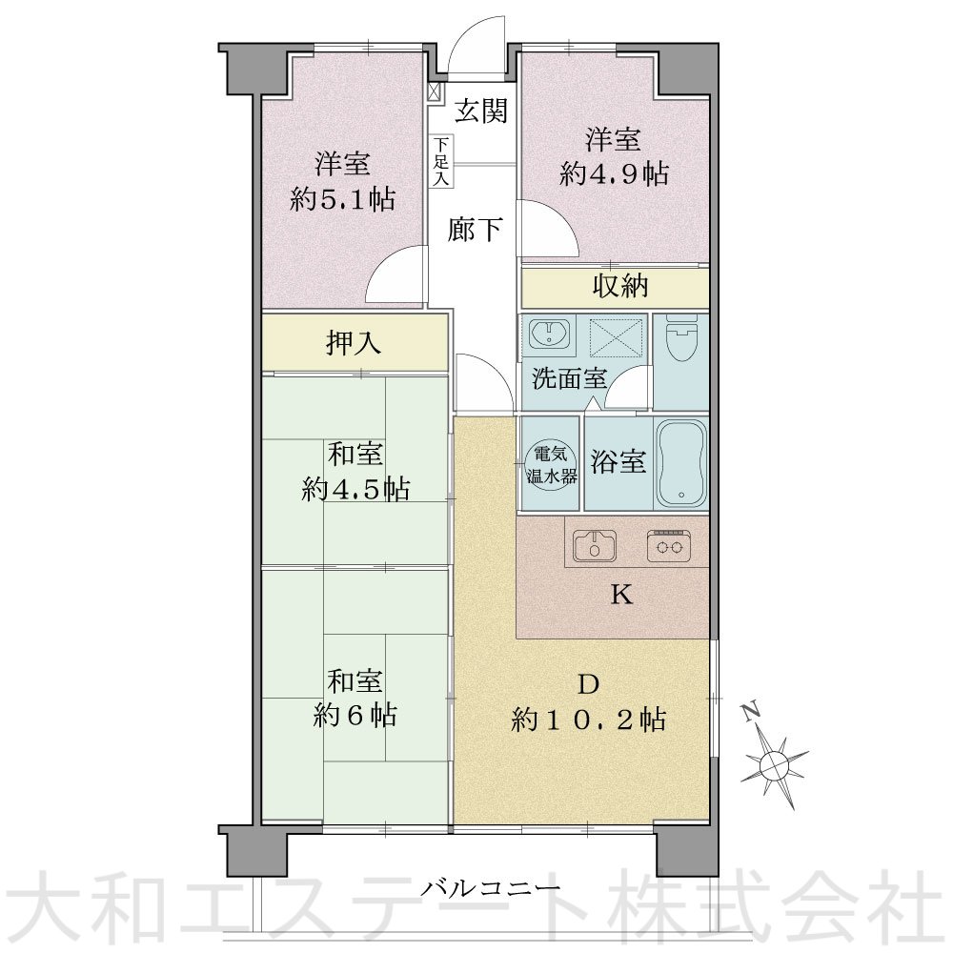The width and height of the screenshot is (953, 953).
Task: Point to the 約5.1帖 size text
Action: (343, 199)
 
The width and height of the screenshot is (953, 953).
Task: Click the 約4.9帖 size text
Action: (613, 173)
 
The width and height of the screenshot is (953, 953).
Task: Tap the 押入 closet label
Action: (355, 344)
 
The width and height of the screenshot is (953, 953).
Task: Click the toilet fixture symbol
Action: (681, 339)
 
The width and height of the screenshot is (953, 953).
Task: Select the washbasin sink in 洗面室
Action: (549, 335)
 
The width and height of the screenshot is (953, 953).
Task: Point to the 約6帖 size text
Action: (355, 716)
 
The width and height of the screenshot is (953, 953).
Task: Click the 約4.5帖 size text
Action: (355, 489)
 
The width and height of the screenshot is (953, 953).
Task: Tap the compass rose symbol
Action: (774, 760)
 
